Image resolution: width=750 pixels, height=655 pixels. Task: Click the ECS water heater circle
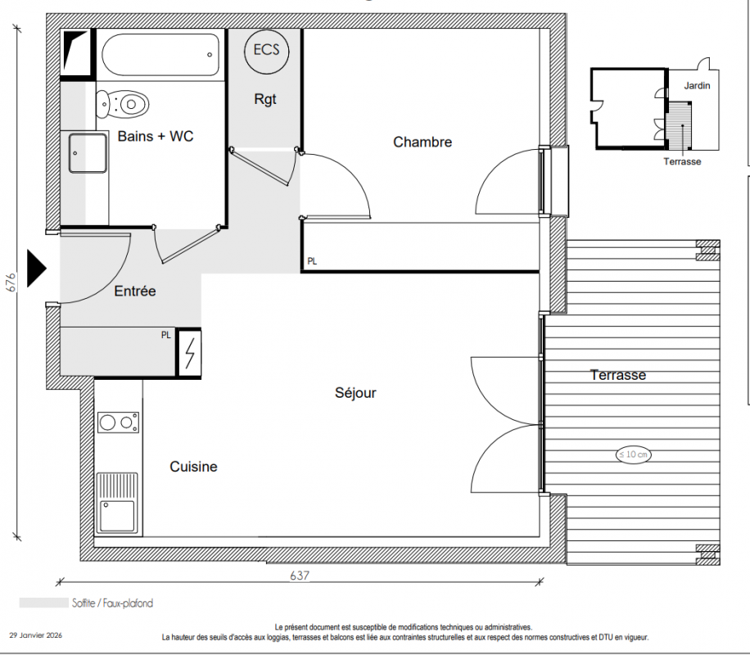266,51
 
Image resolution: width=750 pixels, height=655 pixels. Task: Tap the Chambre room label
422,142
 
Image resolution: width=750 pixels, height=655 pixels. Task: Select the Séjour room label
355,393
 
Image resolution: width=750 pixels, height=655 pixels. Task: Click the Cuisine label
193,467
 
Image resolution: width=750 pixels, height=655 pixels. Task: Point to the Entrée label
135,291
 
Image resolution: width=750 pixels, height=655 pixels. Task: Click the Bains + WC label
156,137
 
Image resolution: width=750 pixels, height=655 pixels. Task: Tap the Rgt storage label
265,99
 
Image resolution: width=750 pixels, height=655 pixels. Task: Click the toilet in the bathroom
123,104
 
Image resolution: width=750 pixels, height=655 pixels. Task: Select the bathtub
160,55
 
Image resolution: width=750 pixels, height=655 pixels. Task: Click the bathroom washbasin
88,153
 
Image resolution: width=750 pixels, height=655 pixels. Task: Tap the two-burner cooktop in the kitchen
118,422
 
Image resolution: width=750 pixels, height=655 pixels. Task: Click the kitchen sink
117,503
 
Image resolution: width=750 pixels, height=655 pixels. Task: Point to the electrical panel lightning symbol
190,353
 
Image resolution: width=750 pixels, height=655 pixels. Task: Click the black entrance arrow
36,269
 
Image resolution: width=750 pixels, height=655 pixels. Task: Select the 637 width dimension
300,575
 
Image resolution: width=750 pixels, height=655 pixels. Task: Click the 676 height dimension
11,282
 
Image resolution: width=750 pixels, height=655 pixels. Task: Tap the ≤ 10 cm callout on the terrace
633,454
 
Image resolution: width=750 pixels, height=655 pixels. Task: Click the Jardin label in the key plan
697,86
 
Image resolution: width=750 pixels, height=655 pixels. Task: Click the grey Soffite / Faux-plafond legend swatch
44,603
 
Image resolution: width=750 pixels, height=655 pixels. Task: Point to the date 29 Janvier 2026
36,635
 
